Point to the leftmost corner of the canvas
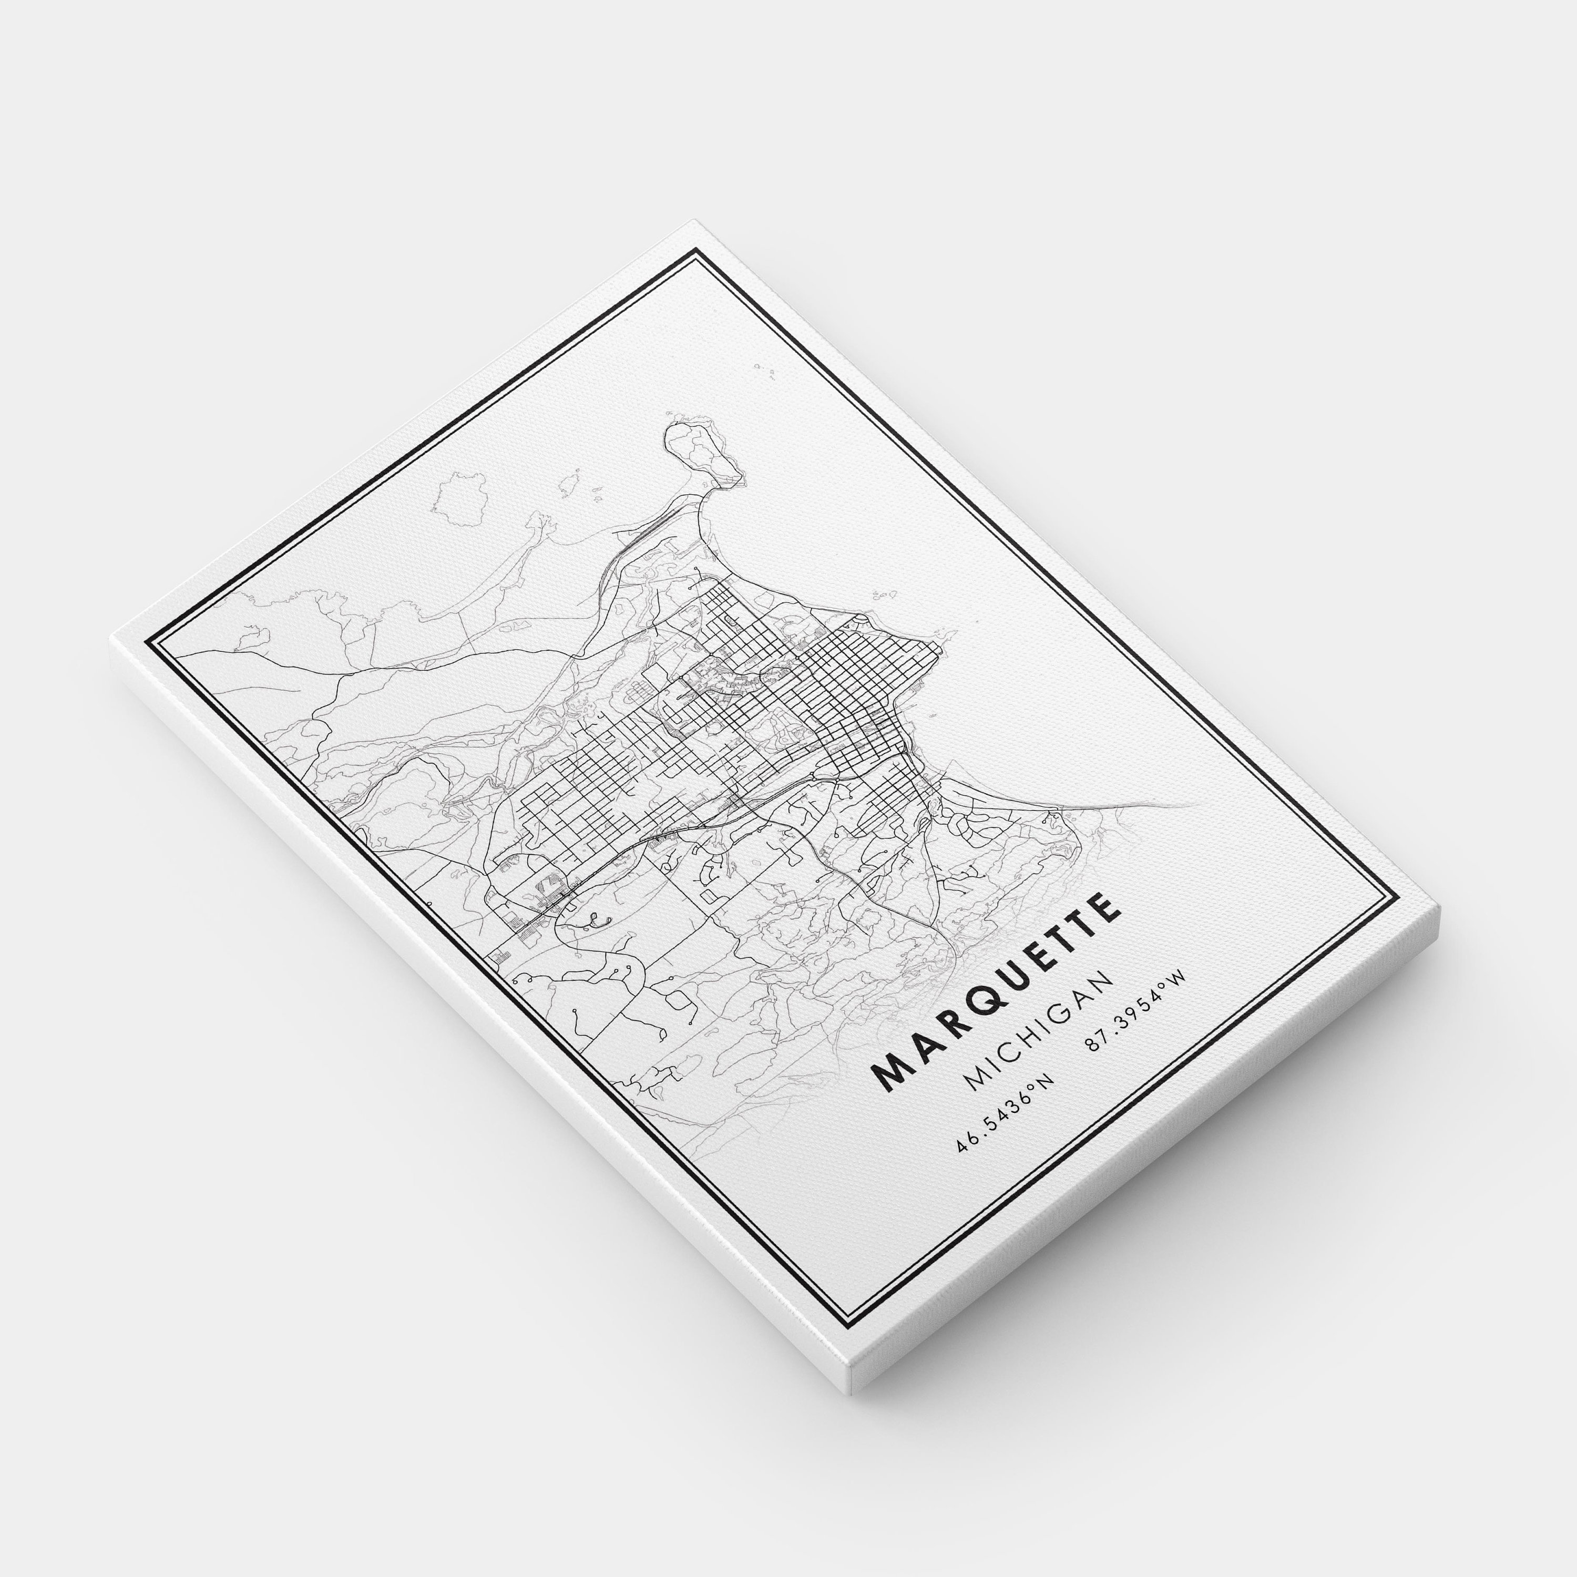(111, 639)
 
